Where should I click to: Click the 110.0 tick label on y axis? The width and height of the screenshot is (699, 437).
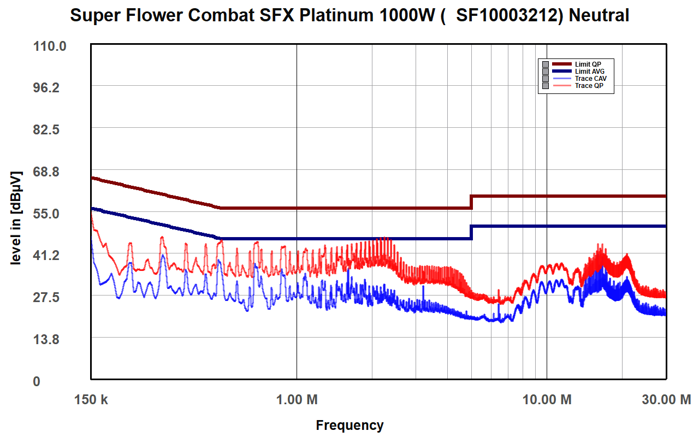coord(50,46)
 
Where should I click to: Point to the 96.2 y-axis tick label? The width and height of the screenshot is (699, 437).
coord(46,88)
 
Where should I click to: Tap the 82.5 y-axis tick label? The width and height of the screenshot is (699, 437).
coord(46,129)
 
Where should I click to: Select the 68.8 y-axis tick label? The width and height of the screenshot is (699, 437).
coord(46,172)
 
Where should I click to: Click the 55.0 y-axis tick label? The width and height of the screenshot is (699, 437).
coord(46,214)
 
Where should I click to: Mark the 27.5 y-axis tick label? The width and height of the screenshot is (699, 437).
coord(46,297)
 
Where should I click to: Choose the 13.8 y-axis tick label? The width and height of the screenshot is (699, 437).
coord(46,339)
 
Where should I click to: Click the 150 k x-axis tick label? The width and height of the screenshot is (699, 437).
coord(91,399)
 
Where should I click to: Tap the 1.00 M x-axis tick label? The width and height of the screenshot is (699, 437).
coord(297,399)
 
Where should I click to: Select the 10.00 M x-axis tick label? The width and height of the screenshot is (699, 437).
coord(547,399)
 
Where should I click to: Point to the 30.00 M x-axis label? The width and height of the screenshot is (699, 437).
coord(666,399)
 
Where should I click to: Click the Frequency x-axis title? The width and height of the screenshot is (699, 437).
coord(349,426)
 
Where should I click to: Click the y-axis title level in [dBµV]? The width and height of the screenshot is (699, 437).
coord(16,218)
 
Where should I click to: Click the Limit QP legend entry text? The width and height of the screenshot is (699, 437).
coord(588,64)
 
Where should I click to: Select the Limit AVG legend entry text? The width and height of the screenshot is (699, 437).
coord(590,72)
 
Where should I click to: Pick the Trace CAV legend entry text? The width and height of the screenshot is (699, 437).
coord(591,79)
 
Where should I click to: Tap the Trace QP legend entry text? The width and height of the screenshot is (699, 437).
coord(589,86)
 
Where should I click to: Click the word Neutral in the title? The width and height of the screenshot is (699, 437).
coord(599,15)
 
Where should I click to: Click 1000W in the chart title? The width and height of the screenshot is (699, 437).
coord(407,15)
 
